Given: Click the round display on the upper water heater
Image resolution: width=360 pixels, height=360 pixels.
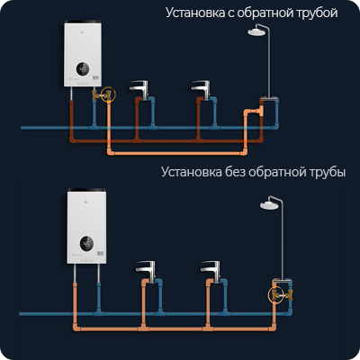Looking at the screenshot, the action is (83, 69).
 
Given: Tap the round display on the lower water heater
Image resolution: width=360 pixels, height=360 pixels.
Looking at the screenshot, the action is (86, 243).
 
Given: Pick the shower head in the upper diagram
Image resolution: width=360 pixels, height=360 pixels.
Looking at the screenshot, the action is (256, 31).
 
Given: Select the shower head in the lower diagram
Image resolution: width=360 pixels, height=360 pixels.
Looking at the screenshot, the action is (269, 205).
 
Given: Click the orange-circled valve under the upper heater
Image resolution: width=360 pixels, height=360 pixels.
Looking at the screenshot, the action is (108, 95).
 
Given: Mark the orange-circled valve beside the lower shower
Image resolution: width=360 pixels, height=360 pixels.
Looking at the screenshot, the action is (275, 294).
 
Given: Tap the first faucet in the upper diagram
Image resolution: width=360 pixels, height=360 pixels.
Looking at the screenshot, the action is (139, 88).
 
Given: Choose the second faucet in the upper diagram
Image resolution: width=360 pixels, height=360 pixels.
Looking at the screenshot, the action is (202, 88).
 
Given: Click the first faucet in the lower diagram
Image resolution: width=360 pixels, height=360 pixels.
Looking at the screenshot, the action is (146, 270).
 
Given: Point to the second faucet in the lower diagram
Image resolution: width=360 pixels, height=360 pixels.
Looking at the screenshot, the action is (211, 270).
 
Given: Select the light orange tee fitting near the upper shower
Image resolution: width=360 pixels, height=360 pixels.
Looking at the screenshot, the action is (258, 111).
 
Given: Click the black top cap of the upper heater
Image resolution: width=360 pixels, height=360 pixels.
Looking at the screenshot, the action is (83, 22).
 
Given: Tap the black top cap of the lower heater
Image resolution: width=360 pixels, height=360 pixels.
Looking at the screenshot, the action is (86, 190).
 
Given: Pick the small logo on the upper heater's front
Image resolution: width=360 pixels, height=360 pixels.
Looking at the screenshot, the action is (83, 32).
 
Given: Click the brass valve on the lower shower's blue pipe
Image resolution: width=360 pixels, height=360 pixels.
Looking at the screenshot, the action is (289, 294).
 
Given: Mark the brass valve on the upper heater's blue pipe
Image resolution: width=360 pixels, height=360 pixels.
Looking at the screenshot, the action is (95, 95).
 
